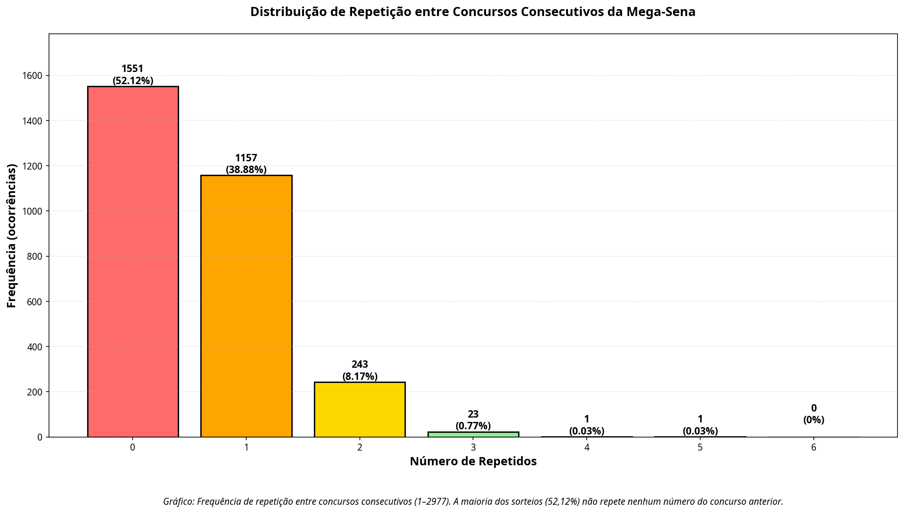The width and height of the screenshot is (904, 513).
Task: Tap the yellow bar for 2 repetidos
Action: coord(359,409)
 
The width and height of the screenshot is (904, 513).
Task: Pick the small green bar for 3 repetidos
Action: coord(473,434)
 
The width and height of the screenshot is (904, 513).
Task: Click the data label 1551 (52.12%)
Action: coord(133,75)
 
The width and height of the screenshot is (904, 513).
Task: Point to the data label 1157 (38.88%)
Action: coord(246,164)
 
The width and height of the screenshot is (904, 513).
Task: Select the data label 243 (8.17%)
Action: coord(360,370)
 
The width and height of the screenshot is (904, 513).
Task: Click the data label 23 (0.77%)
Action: coord(473,420)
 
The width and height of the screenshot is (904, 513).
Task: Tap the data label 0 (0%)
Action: coord(814,414)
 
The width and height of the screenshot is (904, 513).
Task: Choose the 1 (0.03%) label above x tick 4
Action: coord(587,425)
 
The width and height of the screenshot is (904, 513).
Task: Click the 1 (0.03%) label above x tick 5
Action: coord(700,425)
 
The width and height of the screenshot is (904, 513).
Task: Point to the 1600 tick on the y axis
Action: coord(34,76)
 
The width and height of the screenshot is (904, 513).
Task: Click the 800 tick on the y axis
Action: coord(36,257)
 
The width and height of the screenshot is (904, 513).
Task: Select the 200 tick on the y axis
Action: coord(36,392)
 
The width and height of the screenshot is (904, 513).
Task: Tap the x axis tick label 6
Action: coord(814,448)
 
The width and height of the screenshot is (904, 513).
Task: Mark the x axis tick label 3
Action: coord(473,448)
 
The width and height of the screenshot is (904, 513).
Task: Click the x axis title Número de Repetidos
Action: coord(473,461)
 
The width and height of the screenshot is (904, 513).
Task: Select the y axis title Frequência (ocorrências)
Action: coord(12,235)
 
